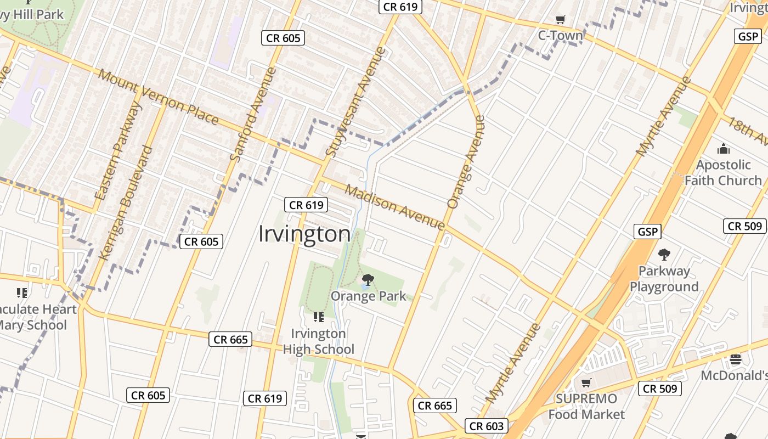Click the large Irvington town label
click(x=304, y=234)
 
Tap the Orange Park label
click(x=368, y=296)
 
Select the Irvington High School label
click(x=319, y=341)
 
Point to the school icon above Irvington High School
click(x=318, y=317)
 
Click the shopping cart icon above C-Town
click(x=560, y=20)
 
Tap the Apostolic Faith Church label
click(x=723, y=172)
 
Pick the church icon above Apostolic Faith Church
click(x=723, y=149)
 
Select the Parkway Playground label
click(x=664, y=279)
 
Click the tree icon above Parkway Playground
click(x=664, y=255)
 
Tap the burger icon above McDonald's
click(x=736, y=359)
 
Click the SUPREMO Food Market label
click(x=586, y=406)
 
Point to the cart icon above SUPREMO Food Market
click(x=586, y=382)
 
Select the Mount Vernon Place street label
click(x=159, y=97)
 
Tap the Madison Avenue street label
click(x=394, y=207)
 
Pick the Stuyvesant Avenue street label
click(x=356, y=102)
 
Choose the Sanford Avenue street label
click(x=252, y=114)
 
